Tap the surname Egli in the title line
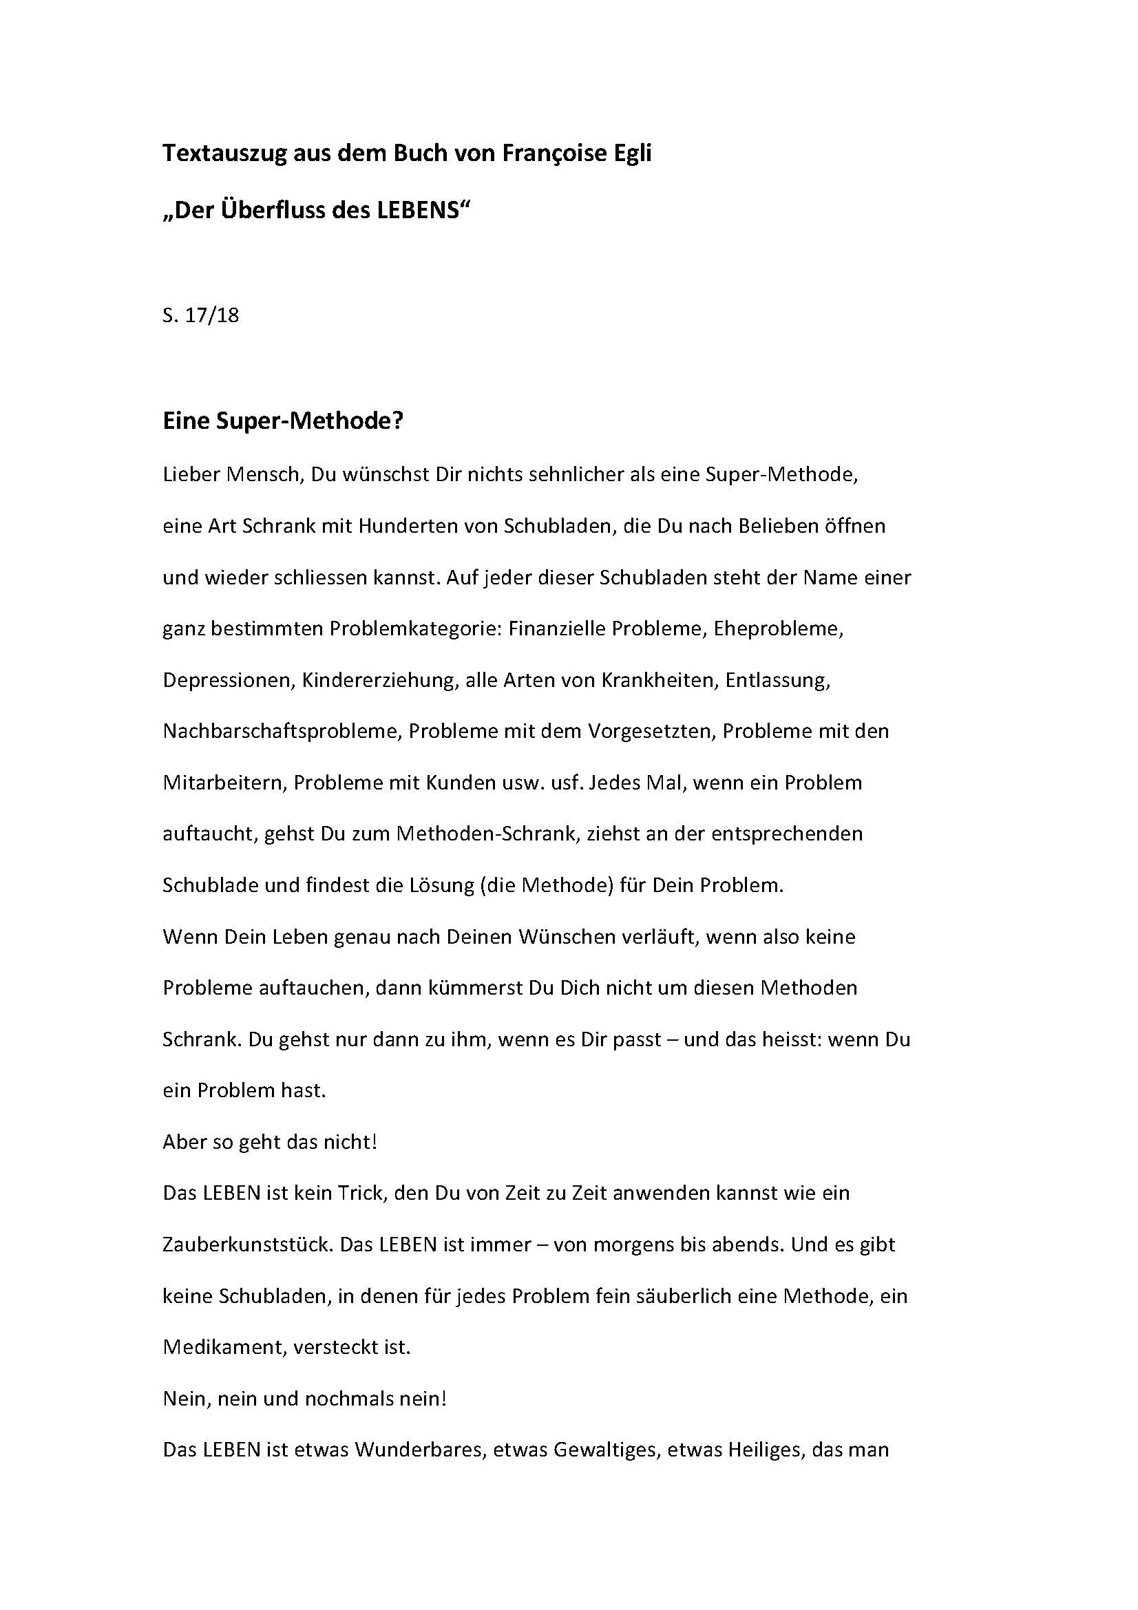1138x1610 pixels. coord(631,153)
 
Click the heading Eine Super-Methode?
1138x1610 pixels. coord(283,421)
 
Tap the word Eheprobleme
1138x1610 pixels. coord(779,628)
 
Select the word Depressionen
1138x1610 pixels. coord(227,680)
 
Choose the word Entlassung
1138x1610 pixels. coord(777,680)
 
